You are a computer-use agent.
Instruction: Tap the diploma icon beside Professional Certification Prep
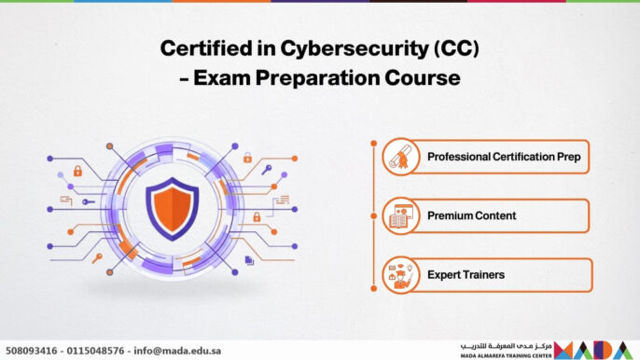[399, 157]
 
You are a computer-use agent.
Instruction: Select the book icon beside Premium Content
[399, 216]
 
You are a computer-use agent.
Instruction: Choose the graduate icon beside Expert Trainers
[399, 275]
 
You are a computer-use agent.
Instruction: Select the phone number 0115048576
[99, 352]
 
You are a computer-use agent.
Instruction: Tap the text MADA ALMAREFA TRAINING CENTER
[503, 355]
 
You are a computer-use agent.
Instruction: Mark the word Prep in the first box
[568, 157]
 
